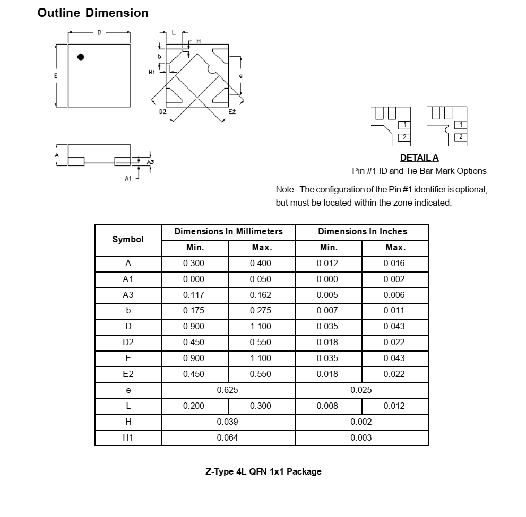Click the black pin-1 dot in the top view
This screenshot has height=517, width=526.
81,57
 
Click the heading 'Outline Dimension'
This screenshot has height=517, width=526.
93,13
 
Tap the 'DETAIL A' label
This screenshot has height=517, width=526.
419,157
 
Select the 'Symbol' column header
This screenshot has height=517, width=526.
128,240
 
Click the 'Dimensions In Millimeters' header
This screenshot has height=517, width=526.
228,232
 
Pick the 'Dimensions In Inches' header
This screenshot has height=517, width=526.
363,232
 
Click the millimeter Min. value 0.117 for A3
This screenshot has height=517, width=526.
193,295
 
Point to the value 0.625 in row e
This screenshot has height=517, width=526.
228,390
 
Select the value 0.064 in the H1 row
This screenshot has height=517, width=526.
228,438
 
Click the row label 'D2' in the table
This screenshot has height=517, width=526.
128,343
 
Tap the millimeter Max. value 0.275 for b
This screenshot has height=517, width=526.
260,311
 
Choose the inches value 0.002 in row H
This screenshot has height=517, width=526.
361,422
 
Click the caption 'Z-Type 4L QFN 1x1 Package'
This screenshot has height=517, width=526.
263,471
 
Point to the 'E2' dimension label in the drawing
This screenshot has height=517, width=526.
232,112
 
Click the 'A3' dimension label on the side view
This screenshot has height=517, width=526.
150,162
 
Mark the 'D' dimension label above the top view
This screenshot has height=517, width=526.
99,33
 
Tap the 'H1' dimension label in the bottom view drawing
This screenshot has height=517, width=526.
152,72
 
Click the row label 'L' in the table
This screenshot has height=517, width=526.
128,406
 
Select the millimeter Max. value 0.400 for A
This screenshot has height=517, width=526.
260,264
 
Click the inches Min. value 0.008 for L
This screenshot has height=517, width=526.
327,406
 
